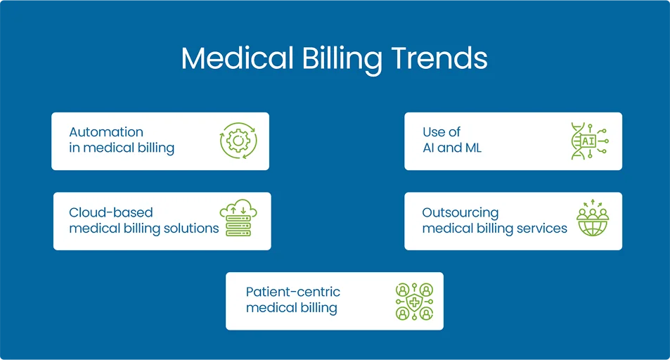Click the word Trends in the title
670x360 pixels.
coord(439,58)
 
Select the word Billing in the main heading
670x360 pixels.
coord(342,60)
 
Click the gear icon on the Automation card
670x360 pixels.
coord(238,141)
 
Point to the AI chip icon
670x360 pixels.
coord(588,141)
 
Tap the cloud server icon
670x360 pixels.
coord(238,219)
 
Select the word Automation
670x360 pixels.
coord(106,132)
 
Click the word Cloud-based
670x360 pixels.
coord(111,212)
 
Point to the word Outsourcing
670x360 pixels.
coord(460,212)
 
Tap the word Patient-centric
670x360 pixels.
coord(293,292)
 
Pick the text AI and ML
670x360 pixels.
coord(452,148)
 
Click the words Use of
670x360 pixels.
coord(442,132)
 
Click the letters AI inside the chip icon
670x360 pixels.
coord(588,141)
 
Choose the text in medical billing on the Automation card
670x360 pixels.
coord(122,148)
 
